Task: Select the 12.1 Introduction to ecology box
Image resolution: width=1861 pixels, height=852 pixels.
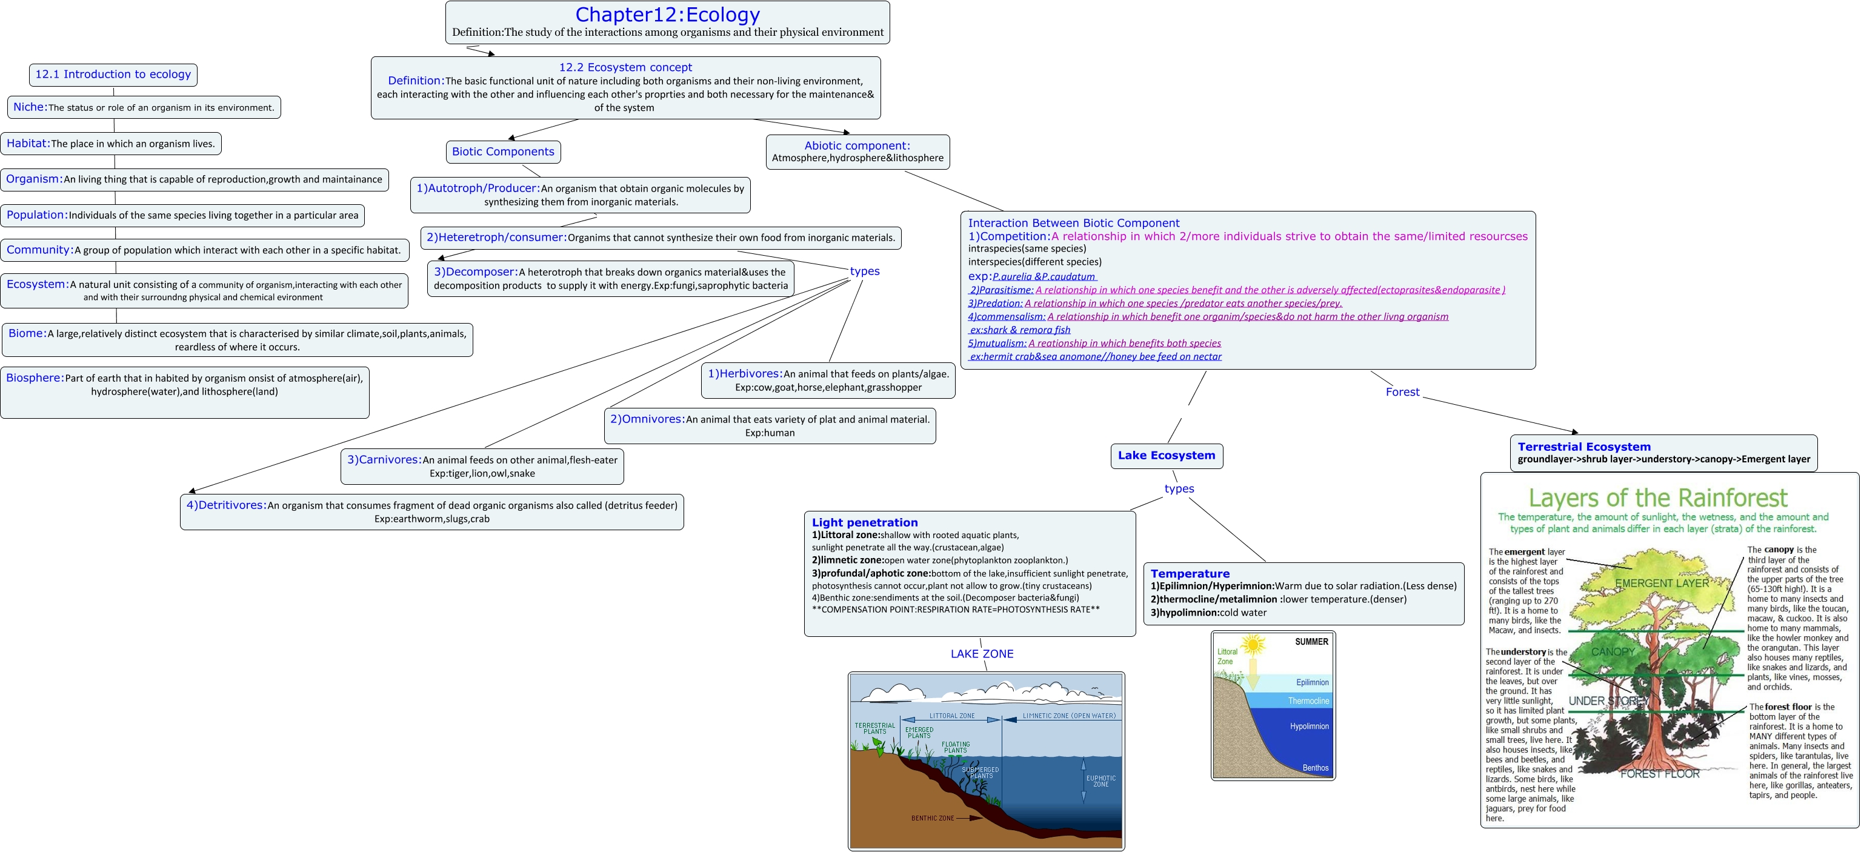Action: click(113, 75)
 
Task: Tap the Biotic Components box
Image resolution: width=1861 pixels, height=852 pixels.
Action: click(503, 151)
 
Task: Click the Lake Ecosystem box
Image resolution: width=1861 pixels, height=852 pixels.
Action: click(1166, 455)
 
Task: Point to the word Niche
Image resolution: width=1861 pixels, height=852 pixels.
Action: click(30, 107)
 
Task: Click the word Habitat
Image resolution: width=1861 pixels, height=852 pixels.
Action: click(27, 143)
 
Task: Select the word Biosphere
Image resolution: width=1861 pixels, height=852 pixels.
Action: click(34, 378)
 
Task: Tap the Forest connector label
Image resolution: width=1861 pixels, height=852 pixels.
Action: click(1402, 391)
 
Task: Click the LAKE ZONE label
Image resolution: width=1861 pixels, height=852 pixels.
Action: click(981, 654)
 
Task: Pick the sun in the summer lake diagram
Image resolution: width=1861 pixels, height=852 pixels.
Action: click(1253, 644)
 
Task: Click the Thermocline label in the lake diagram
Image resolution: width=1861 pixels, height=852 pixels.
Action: click(1308, 701)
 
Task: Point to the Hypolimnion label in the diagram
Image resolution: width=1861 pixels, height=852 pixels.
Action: click(1309, 726)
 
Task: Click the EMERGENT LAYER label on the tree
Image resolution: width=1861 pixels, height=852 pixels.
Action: click(1662, 583)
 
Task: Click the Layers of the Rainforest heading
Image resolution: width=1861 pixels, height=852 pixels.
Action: click(1657, 498)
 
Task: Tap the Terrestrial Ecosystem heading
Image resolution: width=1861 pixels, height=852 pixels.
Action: click(1583, 447)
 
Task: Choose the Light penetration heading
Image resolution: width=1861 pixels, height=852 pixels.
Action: click(864, 522)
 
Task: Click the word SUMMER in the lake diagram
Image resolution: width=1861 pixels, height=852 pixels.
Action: click(1311, 642)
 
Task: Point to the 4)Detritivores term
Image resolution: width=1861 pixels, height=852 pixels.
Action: click(226, 505)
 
